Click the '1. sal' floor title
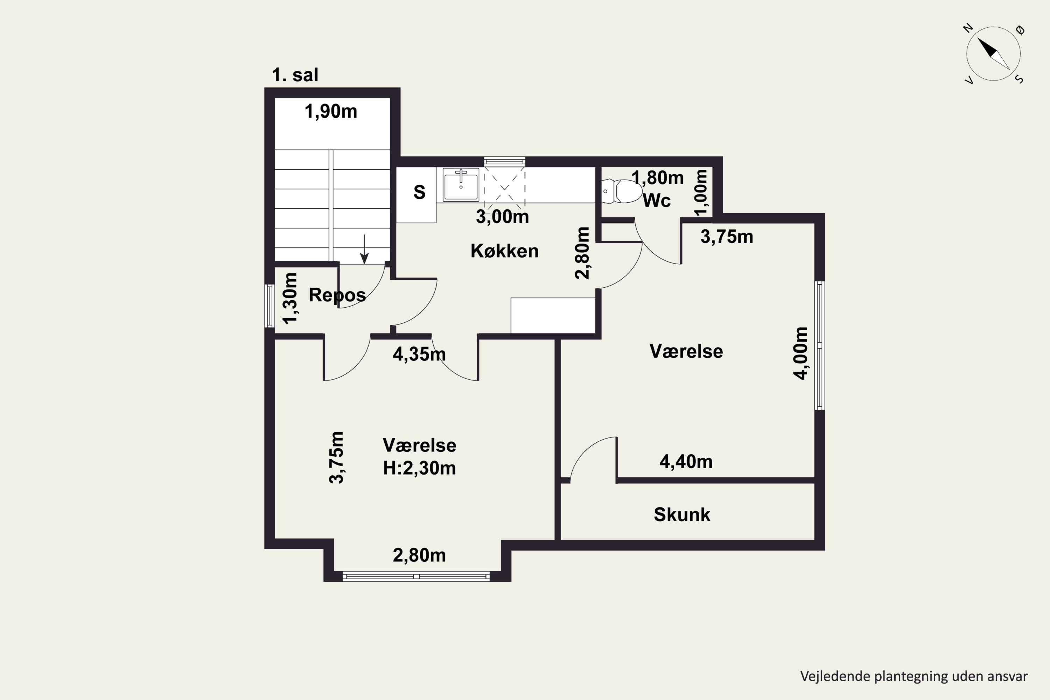coord(295,75)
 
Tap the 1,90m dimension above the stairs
coord(331,111)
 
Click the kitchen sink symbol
coord(461,184)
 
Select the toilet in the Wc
coord(622,191)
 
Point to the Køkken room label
coord(504,251)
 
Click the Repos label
coord(337,295)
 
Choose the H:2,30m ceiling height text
coord(419,468)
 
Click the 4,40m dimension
coord(686,462)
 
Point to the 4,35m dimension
coord(419,354)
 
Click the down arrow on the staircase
coord(364,249)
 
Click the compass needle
coord(993,54)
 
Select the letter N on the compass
coord(968,28)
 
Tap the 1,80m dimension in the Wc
coord(658,178)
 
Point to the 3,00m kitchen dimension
coord(502,217)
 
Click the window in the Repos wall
coord(269,306)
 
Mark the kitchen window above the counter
coord(504,162)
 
